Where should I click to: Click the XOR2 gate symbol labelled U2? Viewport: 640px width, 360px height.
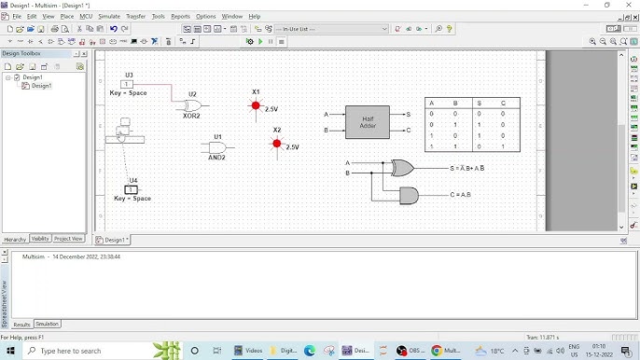[x=192, y=105]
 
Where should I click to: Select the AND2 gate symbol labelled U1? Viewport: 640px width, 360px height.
[x=216, y=146]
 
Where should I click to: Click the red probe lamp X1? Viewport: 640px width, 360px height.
[x=256, y=105]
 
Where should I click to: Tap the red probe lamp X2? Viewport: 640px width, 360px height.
[x=276, y=143]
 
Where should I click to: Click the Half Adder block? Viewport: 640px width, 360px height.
[x=367, y=122]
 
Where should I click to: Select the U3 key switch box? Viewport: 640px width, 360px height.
[x=127, y=84]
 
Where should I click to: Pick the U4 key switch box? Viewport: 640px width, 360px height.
[x=132, y=189]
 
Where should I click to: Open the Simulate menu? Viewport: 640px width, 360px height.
[x=109, y=17]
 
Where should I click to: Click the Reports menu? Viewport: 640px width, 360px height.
[x=180, y=17]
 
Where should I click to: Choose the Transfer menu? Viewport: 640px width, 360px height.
[x=135, y=17]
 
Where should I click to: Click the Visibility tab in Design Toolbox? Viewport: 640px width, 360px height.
[x=40, y=239]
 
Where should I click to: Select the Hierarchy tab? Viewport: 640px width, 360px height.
[x=15, y=239]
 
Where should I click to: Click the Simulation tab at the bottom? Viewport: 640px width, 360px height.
[x=47, y=324]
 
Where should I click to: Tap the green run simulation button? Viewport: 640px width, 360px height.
[x=249, y=41]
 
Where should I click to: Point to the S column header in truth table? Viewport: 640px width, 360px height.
[x=479, y=103]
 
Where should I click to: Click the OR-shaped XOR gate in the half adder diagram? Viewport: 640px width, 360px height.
[x=402, y=168]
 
